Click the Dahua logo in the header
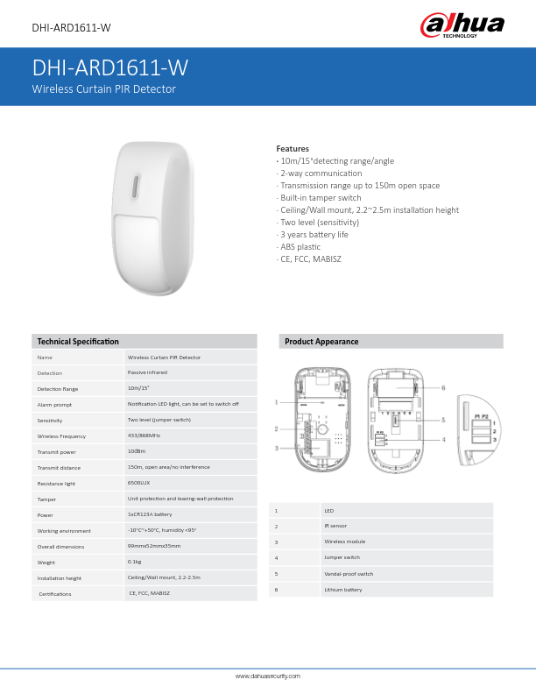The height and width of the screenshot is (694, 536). click(x=463, y=25)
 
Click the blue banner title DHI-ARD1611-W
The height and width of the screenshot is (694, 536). click(x=110, y=69)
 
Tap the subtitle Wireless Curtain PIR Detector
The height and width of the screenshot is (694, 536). click(x=104, y=89)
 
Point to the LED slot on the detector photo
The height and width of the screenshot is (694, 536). click(x=135, y=188)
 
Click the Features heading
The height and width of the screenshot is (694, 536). click(x=293, y=149)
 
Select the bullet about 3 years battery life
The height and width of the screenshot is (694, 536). click(x=314, y=235)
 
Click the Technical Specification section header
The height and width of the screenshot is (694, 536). click(x=78, y=341)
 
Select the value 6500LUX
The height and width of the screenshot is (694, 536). click(x=140, y=483)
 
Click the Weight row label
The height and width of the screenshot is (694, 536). click(x=46, y=562)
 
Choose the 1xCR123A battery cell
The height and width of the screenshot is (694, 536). click(x=150, y=514)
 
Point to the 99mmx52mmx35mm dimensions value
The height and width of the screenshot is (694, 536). click(x=154, y=546)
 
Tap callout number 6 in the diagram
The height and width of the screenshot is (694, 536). click(x=444, y=387)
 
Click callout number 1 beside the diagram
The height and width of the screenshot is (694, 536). click(x=277, y=402)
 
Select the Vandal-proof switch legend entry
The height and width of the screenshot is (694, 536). click(x=349, y=574)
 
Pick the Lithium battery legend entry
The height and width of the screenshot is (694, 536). click(x=342, y=590)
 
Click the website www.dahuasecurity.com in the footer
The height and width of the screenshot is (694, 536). click(x=268, y=676)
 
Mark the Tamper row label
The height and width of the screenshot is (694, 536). click(x=46, y=499)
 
